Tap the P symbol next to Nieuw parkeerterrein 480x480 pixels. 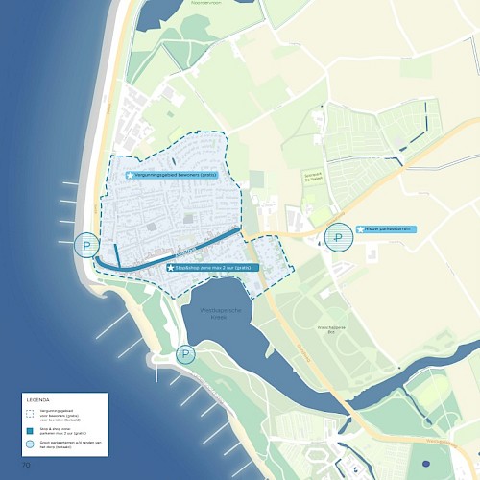338,236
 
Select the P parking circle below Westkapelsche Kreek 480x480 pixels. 185,355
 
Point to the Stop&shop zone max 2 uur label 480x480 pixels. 214,268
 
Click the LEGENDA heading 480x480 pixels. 38,398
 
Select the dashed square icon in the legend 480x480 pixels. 32,412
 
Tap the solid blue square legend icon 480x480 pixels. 32,429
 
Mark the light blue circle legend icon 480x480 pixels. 32,446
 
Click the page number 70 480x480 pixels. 28,466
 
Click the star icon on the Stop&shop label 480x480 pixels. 171,268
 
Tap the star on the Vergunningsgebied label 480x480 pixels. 130,175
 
